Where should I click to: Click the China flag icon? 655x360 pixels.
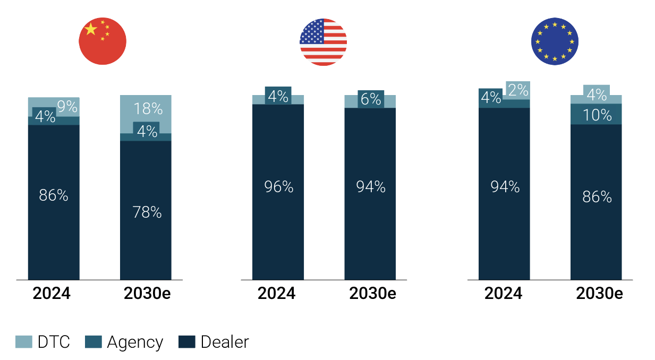[x=103, y=41]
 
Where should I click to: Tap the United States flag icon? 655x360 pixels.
[x=323, y=42]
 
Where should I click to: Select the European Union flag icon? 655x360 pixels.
[x=555, y=41]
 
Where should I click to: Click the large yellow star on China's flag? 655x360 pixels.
[x=91, y=29]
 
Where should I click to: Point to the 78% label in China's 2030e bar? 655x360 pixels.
[x=147, y=212]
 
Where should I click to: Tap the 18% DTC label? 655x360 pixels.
[x=148, y=109]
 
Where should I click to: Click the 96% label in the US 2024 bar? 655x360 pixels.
[x=278, y=187]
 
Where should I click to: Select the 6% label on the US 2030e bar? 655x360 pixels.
[x=370, y=99]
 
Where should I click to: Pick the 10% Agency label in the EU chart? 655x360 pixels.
[x=598, y=115]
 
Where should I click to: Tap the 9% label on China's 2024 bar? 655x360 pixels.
[x=67, y=107]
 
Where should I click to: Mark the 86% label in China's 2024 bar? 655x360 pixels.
[x=54, y=195]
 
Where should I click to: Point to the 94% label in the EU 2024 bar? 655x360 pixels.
[x=505, y=187]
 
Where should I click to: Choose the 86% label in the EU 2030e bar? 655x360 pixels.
[x=597, y=197]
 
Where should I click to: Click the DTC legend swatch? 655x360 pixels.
[x=23, y=342]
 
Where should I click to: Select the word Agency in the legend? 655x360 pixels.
[x=135, y=342]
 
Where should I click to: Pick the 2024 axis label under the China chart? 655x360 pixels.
[x=52, y=294]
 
